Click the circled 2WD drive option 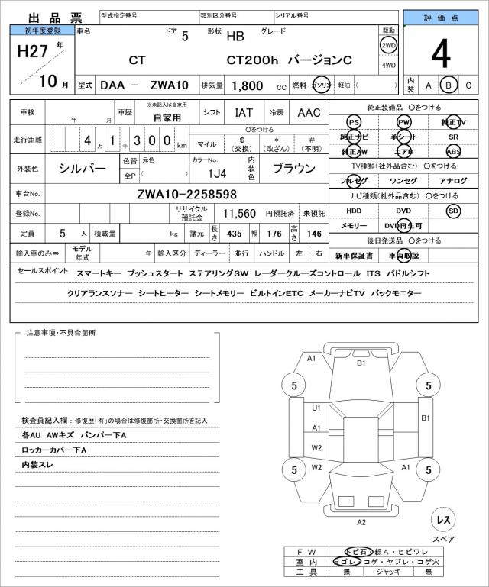[388, 45]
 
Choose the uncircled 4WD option [388, 65]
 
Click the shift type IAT [244, 113]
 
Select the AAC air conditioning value [309, 113]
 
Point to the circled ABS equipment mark [454, 151]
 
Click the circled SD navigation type [454, 210]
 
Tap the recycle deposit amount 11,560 [239, 214]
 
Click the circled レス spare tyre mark [443, 520]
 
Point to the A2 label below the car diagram [361, 522]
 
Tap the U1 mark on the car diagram [316, 408]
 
